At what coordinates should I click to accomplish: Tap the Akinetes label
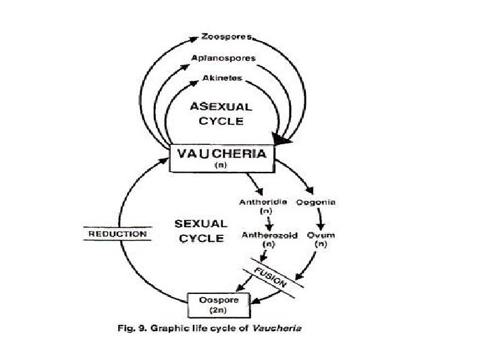223,79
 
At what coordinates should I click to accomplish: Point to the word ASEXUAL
221,107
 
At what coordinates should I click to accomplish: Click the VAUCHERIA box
221,157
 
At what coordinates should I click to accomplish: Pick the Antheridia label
264,202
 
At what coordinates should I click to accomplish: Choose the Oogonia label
317,202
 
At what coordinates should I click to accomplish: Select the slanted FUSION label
270,275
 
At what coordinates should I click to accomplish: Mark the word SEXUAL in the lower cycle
200,223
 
